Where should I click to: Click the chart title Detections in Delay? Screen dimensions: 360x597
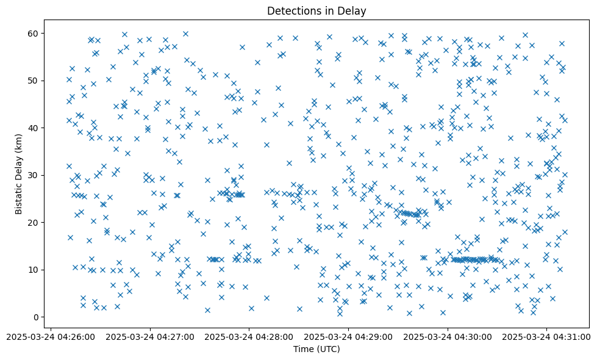point(316,10)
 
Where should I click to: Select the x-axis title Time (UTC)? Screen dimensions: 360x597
point(316,350)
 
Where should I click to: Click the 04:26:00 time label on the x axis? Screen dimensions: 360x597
point(51,336)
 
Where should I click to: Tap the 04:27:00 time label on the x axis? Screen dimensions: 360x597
point(150,336)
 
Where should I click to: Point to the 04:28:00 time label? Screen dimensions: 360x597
point(249,336)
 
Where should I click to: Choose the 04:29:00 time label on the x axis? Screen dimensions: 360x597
point(348,336)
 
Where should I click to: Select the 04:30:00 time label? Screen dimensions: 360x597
point(448,336)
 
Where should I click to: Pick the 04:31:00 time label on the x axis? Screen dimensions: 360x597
point(547,336)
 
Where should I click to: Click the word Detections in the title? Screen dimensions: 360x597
point(294,10)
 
